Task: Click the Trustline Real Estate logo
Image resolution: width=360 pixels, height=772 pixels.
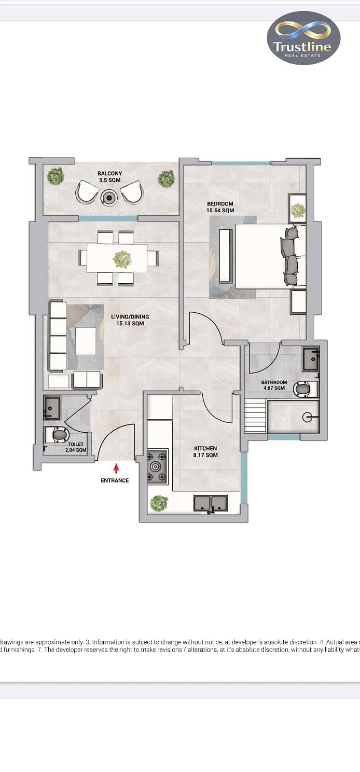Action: (304, 38)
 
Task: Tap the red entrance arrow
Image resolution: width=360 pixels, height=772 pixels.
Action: (117, 468)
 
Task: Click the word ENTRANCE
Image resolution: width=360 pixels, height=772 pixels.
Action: (115, 481)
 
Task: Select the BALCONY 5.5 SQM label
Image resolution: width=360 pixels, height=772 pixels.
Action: (110, 177)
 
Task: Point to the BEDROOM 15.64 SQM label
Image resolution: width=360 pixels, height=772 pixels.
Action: (220, 207)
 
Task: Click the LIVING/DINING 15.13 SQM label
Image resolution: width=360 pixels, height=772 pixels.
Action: (130, 320)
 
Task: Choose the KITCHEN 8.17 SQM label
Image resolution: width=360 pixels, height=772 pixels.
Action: (206, 452)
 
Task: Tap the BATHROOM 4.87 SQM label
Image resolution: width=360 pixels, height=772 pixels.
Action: (274, 386)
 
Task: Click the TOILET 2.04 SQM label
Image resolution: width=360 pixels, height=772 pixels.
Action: (76, 447)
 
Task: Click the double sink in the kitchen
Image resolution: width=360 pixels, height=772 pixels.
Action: (211, 504)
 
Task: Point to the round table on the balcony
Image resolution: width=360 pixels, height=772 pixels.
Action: (109, 198)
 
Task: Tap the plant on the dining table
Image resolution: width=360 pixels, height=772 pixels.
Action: (123, 259)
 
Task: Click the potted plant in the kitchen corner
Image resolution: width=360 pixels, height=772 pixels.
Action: (159, 503)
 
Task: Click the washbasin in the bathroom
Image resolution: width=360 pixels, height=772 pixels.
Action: (311, 359)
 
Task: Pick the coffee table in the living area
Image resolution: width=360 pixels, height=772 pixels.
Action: (85, 341)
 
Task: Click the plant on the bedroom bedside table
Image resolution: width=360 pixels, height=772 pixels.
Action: (298, 211)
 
